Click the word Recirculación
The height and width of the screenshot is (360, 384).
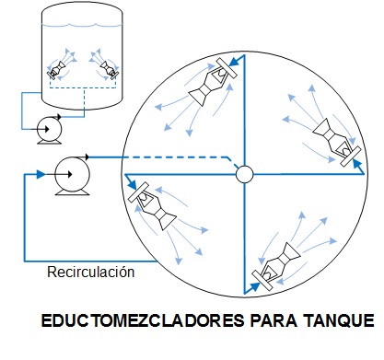91,273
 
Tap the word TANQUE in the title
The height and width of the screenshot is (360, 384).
339,320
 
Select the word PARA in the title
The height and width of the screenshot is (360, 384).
273,320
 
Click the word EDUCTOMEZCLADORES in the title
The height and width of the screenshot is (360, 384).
143,320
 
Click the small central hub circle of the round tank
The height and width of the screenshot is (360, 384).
245,174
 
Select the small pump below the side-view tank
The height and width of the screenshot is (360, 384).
49,130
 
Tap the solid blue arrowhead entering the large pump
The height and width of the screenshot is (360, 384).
41,174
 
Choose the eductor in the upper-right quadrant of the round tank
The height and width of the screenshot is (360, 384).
337,142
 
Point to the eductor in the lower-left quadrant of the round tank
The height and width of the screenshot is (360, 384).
153,206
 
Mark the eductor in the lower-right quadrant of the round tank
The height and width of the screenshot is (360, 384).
275,266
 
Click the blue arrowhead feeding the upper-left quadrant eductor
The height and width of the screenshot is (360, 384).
234,61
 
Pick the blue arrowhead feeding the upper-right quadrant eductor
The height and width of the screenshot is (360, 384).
356,164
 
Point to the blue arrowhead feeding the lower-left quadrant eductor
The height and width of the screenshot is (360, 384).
133,185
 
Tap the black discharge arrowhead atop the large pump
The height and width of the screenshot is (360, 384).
87,157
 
